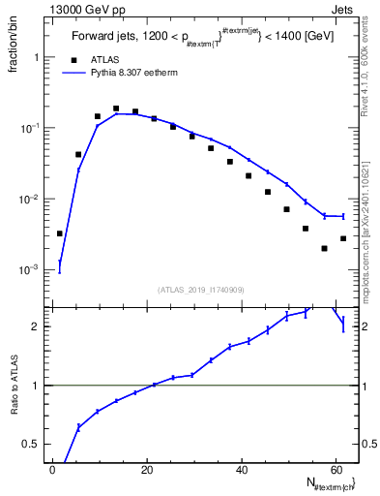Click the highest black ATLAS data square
116,108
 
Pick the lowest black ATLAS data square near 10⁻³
324,248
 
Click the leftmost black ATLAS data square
60,233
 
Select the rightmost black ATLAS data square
343,238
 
